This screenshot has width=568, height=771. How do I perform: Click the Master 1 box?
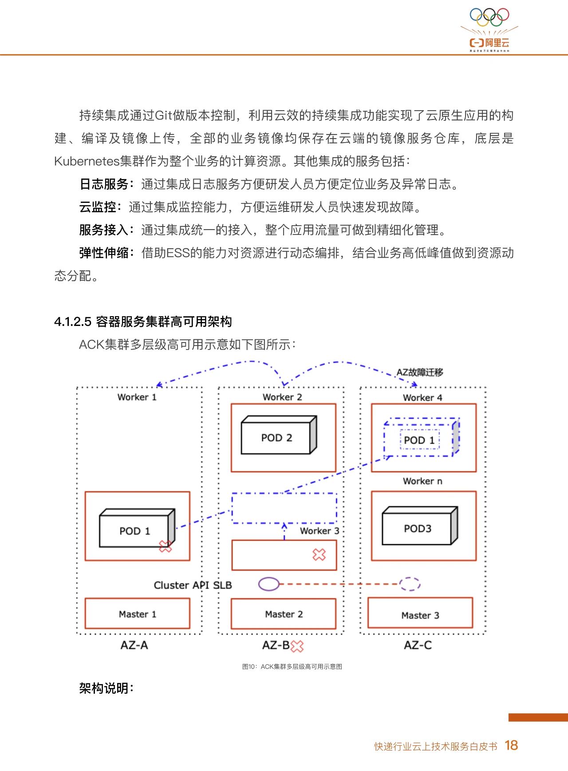137,613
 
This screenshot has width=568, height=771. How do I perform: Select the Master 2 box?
284,614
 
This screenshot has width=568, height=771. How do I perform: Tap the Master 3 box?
420,613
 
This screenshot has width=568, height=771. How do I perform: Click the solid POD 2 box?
279,435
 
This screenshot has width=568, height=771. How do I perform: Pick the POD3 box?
420,525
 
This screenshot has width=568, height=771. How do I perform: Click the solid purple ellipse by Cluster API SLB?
269,584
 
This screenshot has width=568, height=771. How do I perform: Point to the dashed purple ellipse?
410,584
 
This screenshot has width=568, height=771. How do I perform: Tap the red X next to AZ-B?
297,646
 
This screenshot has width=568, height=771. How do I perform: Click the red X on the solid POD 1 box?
165,546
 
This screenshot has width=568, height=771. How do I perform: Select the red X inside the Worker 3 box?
319,554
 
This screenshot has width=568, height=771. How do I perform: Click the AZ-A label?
134,645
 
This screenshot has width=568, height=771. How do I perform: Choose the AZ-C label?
418,645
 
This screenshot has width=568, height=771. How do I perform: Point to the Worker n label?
422,481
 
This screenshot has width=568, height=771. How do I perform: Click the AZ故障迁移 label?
420,372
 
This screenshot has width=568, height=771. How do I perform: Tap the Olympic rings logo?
489,17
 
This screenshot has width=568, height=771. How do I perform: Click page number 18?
511,745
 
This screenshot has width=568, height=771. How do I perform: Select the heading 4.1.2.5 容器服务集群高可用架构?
143,322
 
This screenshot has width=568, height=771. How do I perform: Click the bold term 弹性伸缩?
104,253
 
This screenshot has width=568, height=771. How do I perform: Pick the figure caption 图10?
292,667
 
